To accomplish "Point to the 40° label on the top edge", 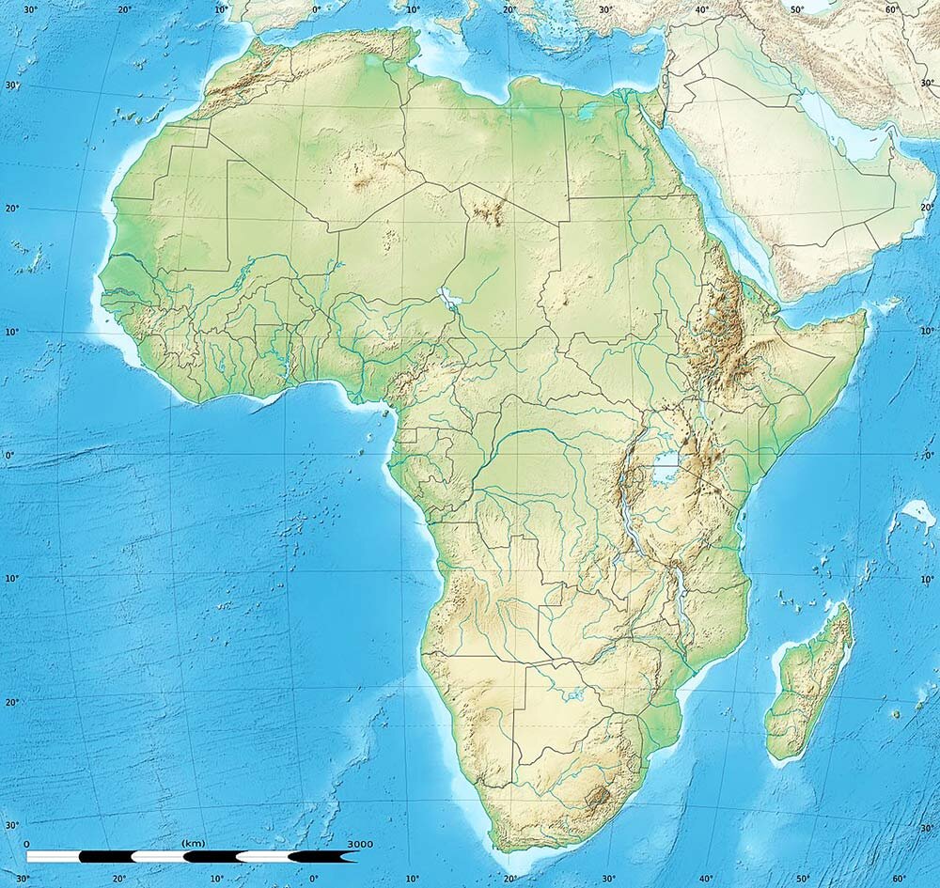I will tap(703, 9).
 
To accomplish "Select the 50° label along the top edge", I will tap(797, 9).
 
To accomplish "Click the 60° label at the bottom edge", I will tap(899, 879).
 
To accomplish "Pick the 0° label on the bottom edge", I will tap(314, 879).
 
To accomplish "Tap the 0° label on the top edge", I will tap(315, 9).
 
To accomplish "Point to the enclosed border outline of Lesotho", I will tap(598, 799).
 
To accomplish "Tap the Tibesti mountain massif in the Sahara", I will tap(487, 212).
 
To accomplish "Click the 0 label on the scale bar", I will tap(26, 844).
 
